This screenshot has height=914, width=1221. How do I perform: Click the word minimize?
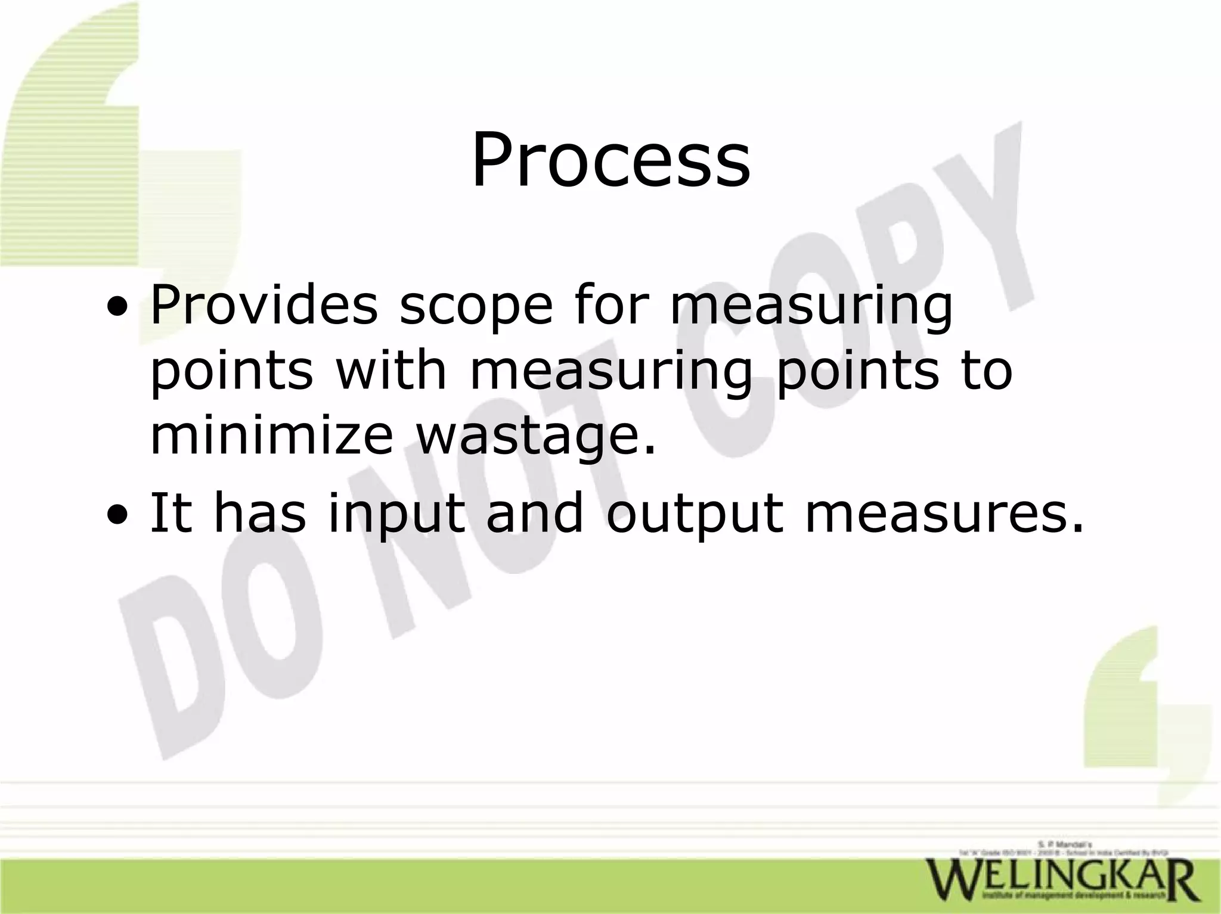point(271,434)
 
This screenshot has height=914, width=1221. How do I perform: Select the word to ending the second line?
point(984,369)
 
